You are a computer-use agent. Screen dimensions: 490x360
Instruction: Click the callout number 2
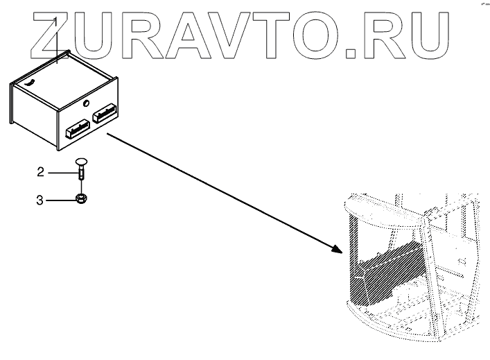[40, 171]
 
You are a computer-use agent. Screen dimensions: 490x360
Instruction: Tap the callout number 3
[40, 201]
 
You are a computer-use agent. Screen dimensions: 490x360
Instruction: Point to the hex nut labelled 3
[80, 200]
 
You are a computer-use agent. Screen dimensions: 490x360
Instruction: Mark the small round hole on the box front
[86, 104]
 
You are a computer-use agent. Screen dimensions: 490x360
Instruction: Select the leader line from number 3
[59, 201]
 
